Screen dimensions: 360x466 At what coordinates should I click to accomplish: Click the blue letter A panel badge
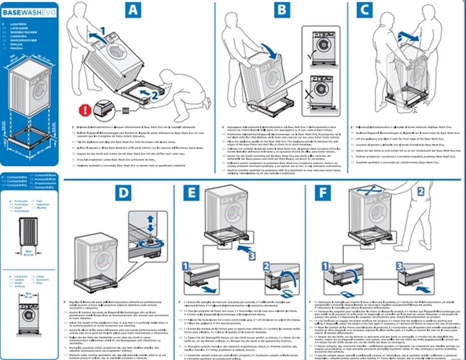[x=132, y=10]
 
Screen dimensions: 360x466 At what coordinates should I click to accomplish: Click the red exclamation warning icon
[x=86, y=109]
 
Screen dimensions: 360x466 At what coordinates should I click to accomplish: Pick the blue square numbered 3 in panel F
[x=399, y=267]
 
